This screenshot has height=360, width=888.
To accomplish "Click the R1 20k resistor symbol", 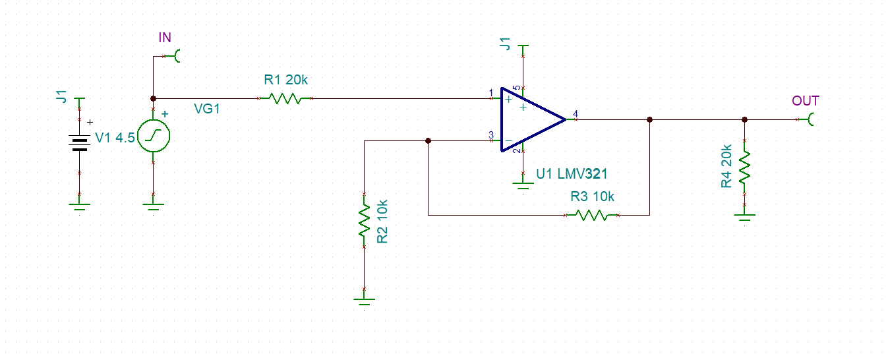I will (x=285, y=99).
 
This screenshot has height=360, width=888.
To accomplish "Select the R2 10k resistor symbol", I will (x=363, y=220).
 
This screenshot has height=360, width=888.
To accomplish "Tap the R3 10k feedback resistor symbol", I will (x=592, y=215).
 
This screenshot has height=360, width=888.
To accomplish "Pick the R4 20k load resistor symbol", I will (x=744, y=168).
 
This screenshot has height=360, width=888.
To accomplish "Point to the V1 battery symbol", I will (x=80, y=143).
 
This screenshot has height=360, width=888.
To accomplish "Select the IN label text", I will (x=165, y=38).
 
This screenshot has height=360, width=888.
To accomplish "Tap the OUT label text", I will (x=805, y=101).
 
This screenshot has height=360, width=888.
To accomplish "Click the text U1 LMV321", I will (x=572, y=174).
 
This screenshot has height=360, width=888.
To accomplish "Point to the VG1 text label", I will (x=206, y=109).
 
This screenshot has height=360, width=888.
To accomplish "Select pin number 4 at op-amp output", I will (x=576, y=114).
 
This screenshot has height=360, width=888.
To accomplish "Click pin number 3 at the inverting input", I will (x=490, y=135).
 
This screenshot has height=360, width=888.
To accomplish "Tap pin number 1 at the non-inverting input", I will (x=490, y=93).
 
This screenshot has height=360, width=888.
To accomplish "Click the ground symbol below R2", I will (x=363, y=300).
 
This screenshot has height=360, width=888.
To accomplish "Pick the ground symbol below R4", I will (x=744, y=216).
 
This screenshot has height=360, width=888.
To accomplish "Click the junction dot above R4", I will (x=744, y=120).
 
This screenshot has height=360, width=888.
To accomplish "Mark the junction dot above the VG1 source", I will (x=153, y=99).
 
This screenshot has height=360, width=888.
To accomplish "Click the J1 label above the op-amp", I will (x=505, y=44).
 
